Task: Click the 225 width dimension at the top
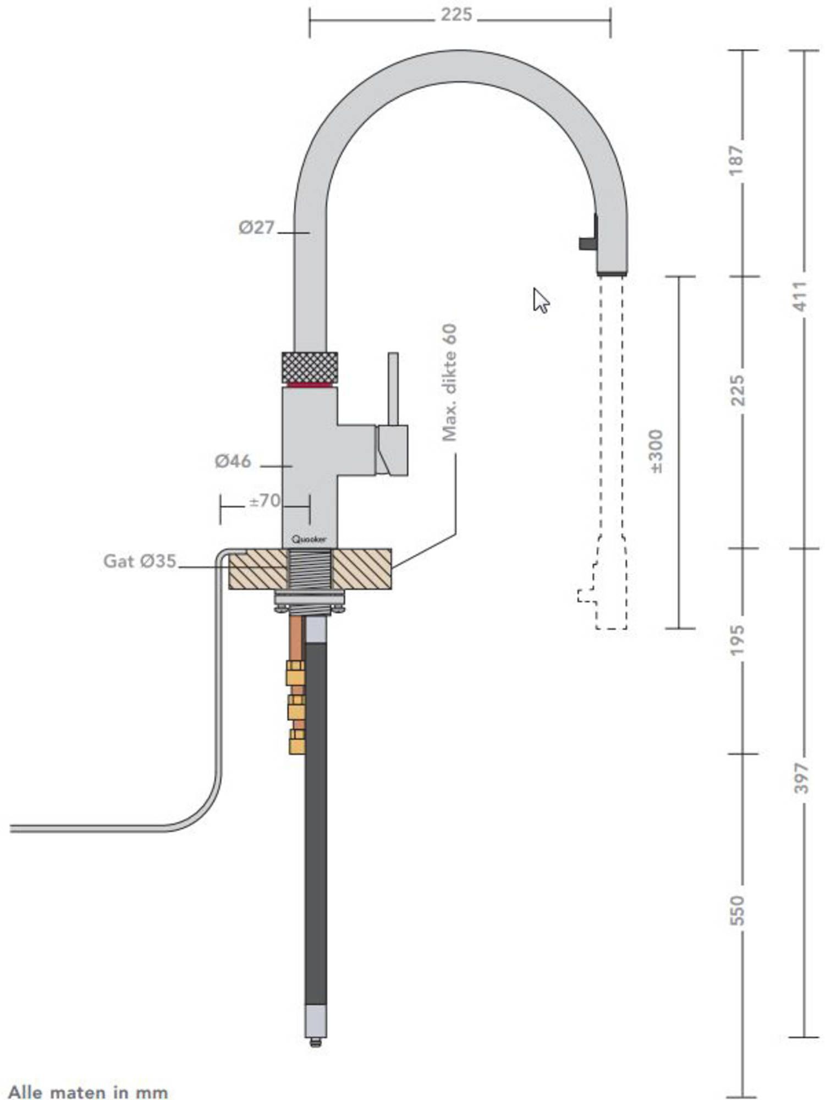pos(456,14)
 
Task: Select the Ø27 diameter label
pos(256,227)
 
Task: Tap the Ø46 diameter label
pos(233,461)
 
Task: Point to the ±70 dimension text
pos(265,501)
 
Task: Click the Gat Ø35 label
pos(140,562)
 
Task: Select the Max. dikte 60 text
pos(449,383)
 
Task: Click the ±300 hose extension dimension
pos(657,451)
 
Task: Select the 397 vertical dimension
pos(802,778)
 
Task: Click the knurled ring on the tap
pos(310,366)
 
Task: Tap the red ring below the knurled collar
pos(310,384)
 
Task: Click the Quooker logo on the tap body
pos(309,539)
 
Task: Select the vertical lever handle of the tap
pos(393,388)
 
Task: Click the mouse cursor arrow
pos(540,300)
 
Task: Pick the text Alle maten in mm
pos(88,1092)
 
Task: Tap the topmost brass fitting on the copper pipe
pos(295,673)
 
